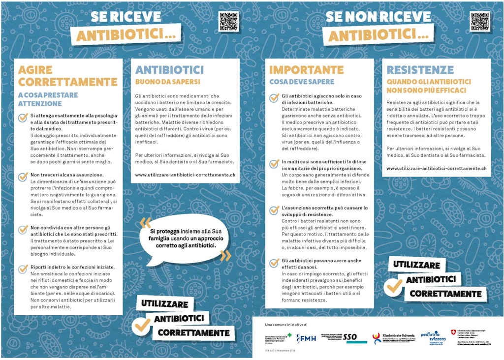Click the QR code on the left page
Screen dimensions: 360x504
(228, 22)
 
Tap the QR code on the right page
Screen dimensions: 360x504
(480, 22)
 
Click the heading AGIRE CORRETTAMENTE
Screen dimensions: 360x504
(67, 76)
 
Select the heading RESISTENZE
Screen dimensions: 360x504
(420, 69)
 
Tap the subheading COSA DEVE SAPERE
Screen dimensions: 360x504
(301, 82)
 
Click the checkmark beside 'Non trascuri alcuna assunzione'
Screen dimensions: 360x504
(23, 176)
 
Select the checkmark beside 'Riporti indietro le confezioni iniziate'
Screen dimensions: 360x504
(23, 269)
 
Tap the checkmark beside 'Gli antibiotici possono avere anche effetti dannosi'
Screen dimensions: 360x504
(274, 263)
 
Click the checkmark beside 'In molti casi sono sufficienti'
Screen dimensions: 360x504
(274, 164)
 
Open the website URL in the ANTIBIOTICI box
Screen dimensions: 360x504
(185, 174)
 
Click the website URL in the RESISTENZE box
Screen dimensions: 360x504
(437, 168)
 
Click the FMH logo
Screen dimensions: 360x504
(306, 338)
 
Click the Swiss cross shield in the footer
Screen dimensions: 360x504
(453, 332)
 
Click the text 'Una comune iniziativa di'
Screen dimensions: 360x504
(286, 325)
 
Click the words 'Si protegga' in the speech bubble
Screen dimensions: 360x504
(162, 231)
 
